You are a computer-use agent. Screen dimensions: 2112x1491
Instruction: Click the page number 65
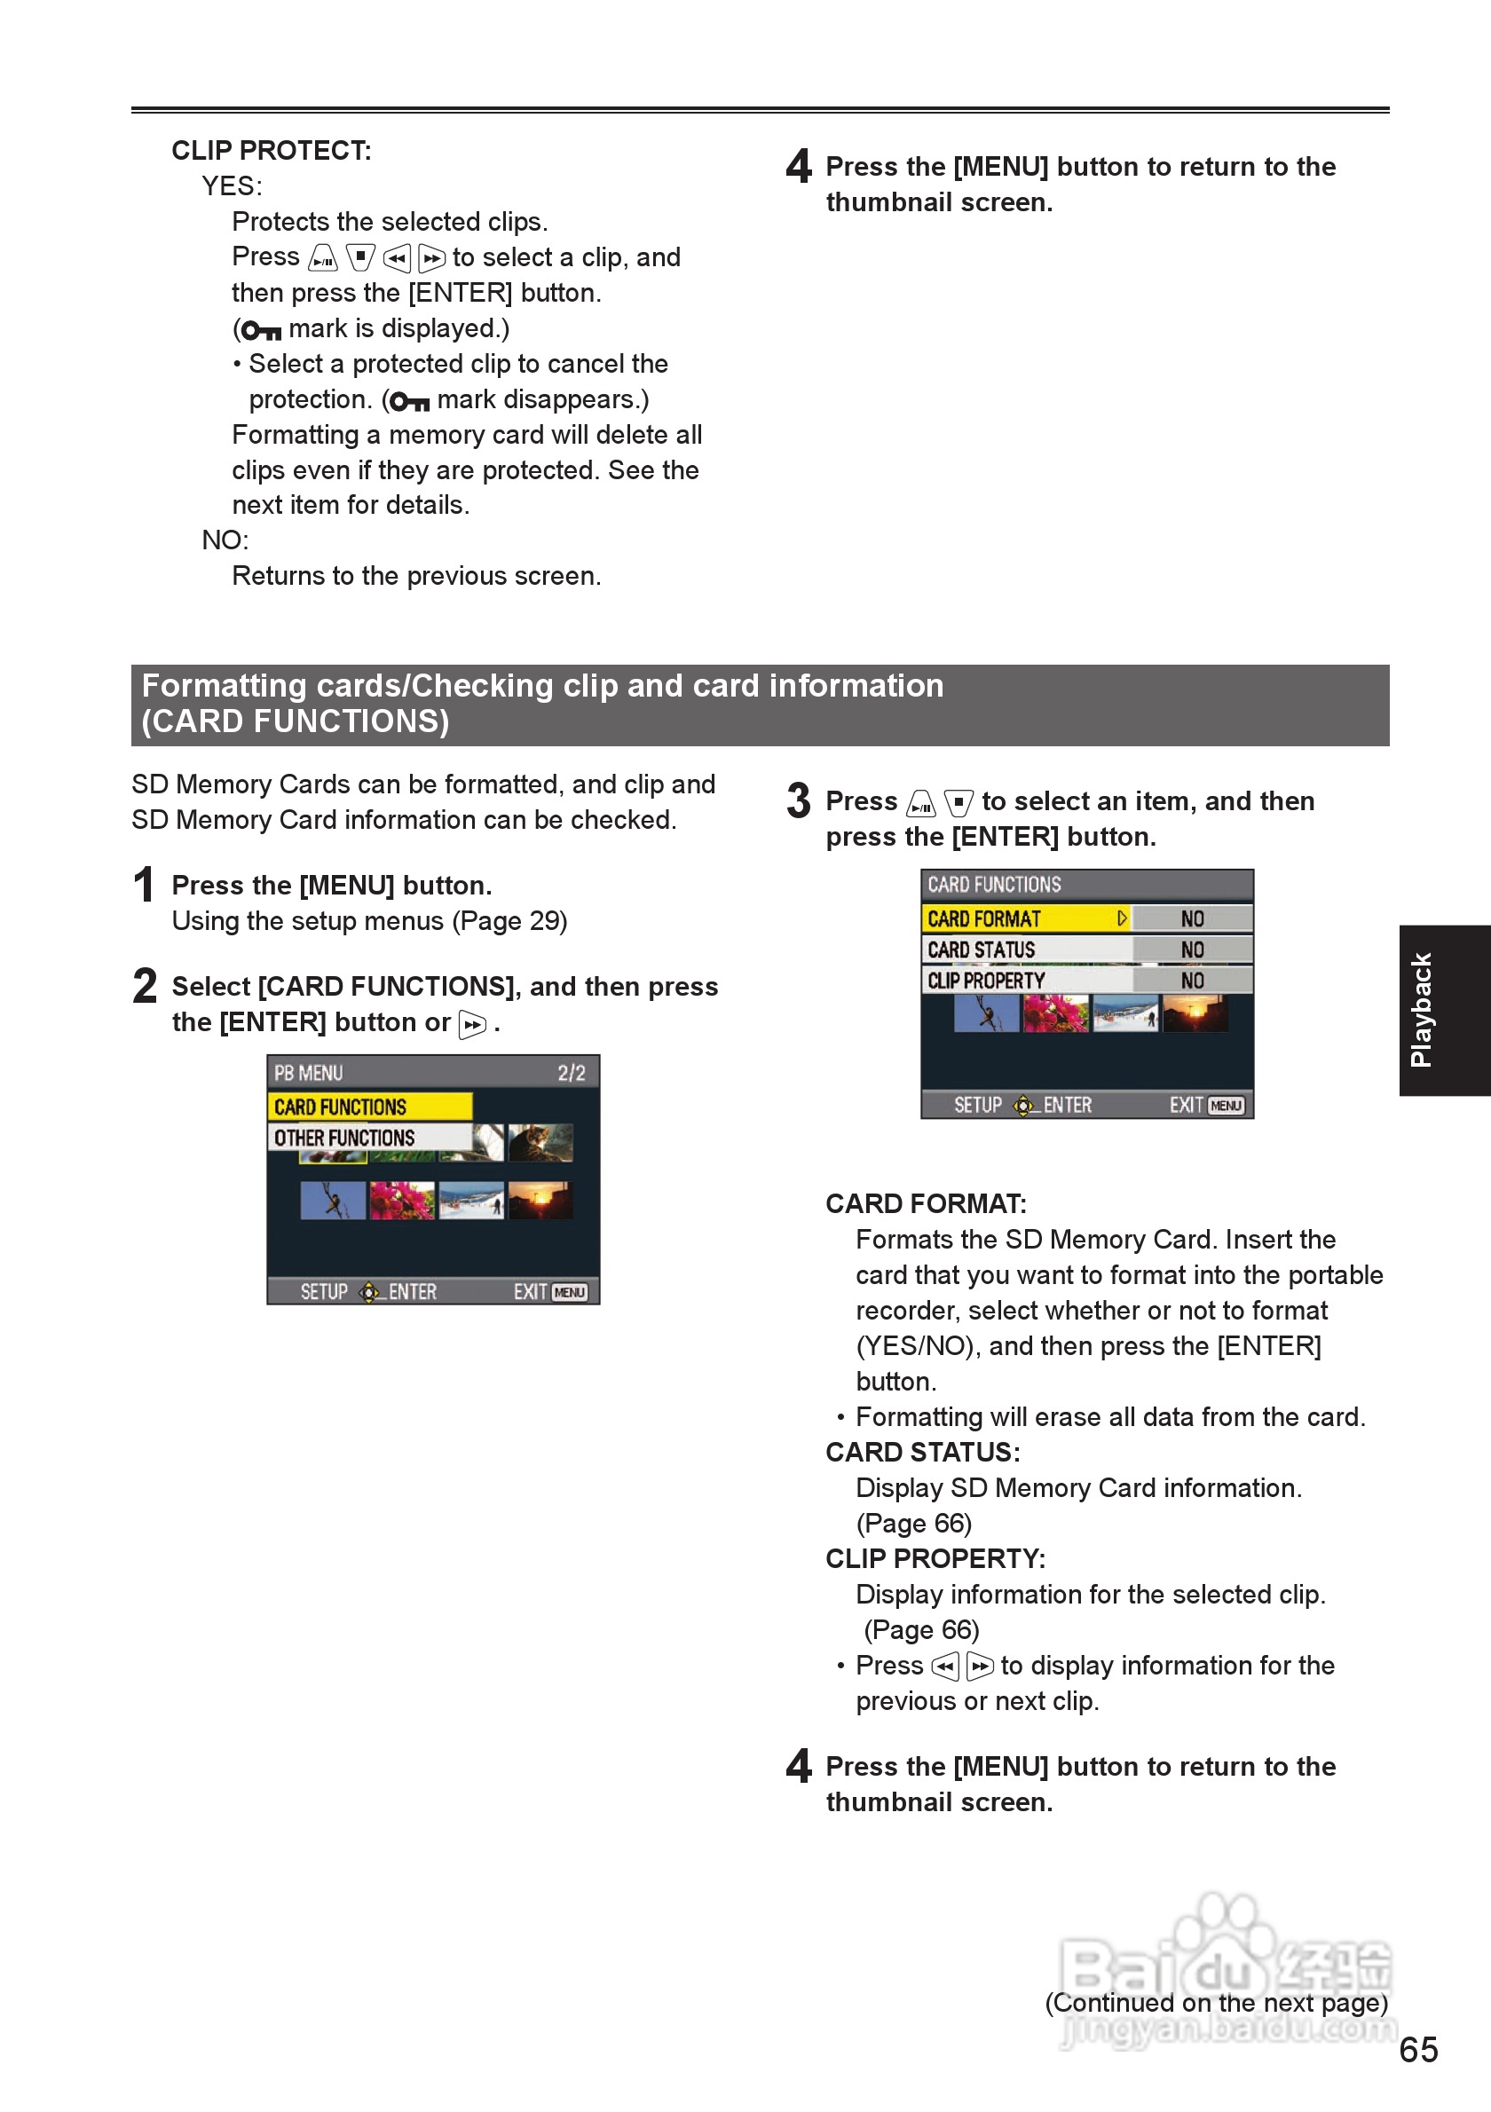tap(1417, 2050)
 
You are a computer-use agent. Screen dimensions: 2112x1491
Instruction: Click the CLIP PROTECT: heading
tap(272, 150)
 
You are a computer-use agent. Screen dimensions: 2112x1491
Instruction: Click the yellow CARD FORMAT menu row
tap(1026, 919)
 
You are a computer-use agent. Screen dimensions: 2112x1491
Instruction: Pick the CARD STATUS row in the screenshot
tap(1026, 950)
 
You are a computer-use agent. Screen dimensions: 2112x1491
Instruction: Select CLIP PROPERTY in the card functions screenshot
tap(1026, 981)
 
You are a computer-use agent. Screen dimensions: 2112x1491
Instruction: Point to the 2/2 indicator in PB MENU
tap(572, 1074)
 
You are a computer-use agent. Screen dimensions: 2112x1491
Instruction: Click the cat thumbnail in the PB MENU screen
tap(540, 1142)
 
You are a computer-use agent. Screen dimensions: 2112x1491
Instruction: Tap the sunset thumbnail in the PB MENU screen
tap(540, 1201)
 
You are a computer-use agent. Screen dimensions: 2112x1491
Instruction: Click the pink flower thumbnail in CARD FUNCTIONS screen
tap(1056, 1013)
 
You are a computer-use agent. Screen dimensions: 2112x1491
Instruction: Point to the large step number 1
tap(144, 885)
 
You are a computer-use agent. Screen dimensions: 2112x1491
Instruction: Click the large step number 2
tap(145, 986)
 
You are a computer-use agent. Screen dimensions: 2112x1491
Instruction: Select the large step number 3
tap(799, 800)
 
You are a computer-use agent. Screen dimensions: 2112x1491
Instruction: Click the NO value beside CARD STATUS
tap(1192, 950)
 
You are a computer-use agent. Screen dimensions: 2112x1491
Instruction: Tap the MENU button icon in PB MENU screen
tap(570, 1292)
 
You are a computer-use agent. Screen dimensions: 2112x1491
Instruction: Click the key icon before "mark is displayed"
tap(261, 330)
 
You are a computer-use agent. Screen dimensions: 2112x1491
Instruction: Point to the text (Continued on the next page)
tap(1216, 2003)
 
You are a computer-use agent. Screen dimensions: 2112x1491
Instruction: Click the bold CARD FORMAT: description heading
tap(926, 1204)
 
